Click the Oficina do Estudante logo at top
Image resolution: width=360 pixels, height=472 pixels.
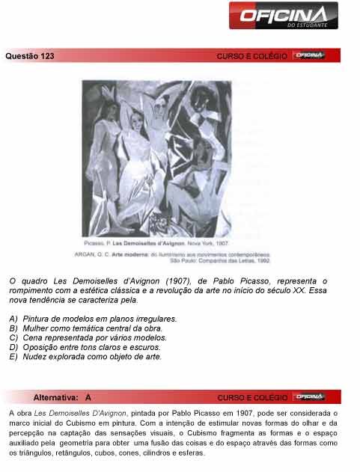pos(284,16)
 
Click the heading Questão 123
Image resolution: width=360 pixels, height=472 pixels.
pos(30,56)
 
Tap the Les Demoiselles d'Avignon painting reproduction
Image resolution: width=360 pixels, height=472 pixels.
pos(156,158)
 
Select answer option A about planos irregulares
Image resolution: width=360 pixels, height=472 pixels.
pos(93,319)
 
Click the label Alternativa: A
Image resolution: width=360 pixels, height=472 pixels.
pos(62,397)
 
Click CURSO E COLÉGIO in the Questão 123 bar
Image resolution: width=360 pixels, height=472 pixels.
pos(251,56)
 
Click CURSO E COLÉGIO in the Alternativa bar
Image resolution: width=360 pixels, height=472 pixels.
pos(251,397)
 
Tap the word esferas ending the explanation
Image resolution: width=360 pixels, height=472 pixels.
pos(189,453)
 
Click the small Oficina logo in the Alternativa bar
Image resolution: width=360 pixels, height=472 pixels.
pos(309,396)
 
